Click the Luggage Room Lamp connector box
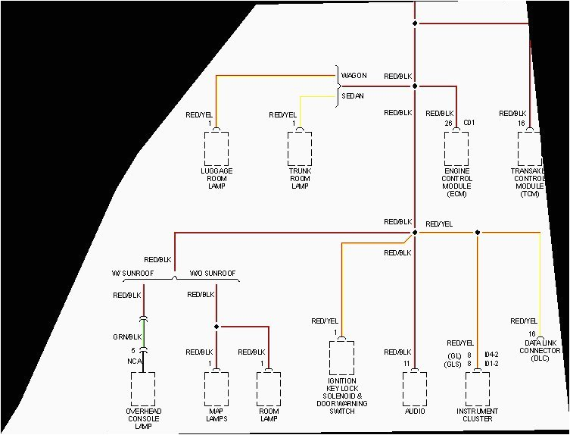click(x=216, y=149)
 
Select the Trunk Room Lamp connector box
click(x=300, y=149)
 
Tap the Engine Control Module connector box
click(x=456, y=149)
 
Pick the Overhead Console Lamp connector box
click(x=144, y=389)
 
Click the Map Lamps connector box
click(x=216, y=389)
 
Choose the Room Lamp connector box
click(x=269, y=389)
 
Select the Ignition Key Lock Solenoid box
click(x=341, y=358)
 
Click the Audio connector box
click(x=414, y=389)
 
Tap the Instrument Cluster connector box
click(x=477, y=389)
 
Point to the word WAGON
click(x=354, y=76)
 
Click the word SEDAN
click(x=353, y=96)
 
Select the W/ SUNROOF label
click(x=132, y=273)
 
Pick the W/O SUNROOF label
click(x=213, y=273)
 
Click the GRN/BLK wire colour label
click(x=127, y=335)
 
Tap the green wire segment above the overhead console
click(x=144, y=333)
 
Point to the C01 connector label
click(x=469, y=123)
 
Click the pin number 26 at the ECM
click(x=448, y=123)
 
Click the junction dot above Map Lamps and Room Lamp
click(x=216, y=327)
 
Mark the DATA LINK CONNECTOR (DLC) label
click(x=541, y=350)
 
